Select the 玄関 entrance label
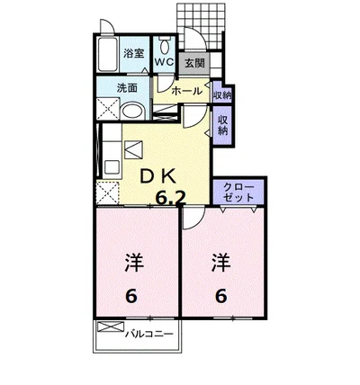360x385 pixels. pos(193,62)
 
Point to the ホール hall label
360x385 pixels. pos(186,91)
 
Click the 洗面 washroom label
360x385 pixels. pos(127,88)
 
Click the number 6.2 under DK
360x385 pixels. pos(170,198)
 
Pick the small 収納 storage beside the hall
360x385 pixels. pos(223,93)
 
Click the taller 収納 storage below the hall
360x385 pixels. pos(221,124)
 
